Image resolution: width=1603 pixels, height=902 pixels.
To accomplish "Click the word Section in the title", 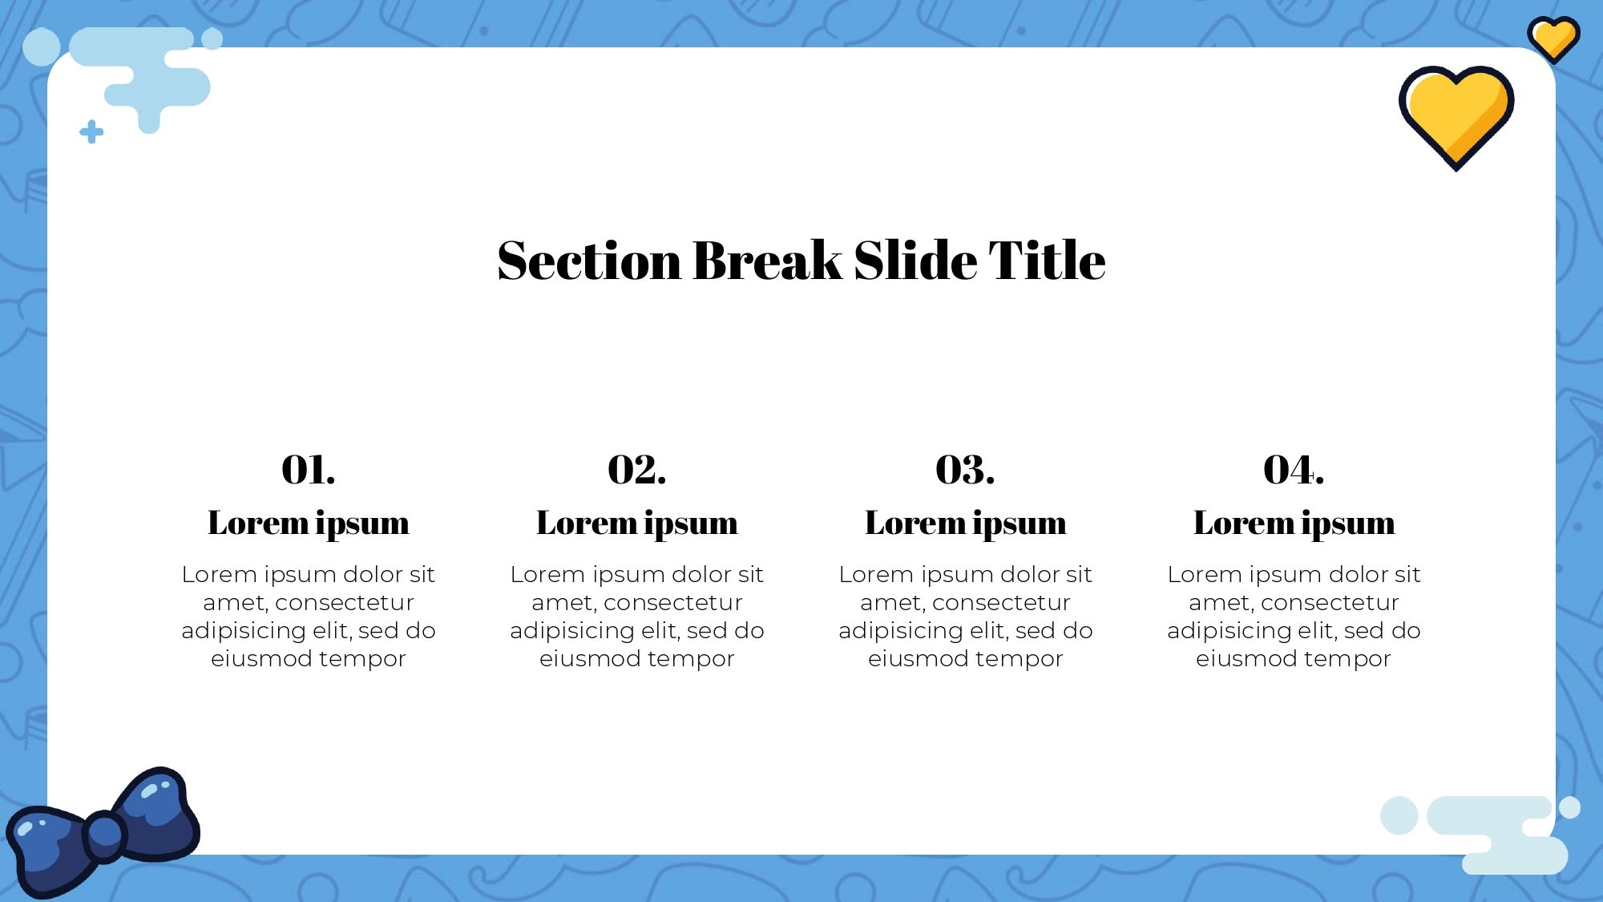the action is [589, 261].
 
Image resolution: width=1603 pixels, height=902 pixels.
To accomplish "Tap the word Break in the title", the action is [768, 260].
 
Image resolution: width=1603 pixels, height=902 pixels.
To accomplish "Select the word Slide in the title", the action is [915, 260].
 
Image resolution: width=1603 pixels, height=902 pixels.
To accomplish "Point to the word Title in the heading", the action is [1047, 260].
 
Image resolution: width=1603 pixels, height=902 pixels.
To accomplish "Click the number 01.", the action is [309, 470].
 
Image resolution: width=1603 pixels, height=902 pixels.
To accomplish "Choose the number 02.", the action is [637, 470].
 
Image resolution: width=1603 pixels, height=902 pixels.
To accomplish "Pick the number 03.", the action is [965, 470].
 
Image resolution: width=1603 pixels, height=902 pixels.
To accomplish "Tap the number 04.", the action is [1294, 470].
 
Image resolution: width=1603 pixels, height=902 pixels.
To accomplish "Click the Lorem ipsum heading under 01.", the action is [309, 524].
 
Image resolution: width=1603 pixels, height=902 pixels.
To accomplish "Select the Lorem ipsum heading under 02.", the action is [637, 524].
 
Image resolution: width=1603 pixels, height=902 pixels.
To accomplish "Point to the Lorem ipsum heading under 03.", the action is [966, 524].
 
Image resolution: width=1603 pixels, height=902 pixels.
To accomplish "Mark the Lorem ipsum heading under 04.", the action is [1294, 524].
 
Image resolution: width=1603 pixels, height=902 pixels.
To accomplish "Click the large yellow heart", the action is [1456, 115].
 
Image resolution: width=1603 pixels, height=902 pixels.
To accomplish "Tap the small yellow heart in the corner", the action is [1553, 38].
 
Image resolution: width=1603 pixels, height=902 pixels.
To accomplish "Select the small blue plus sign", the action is [91, 131].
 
